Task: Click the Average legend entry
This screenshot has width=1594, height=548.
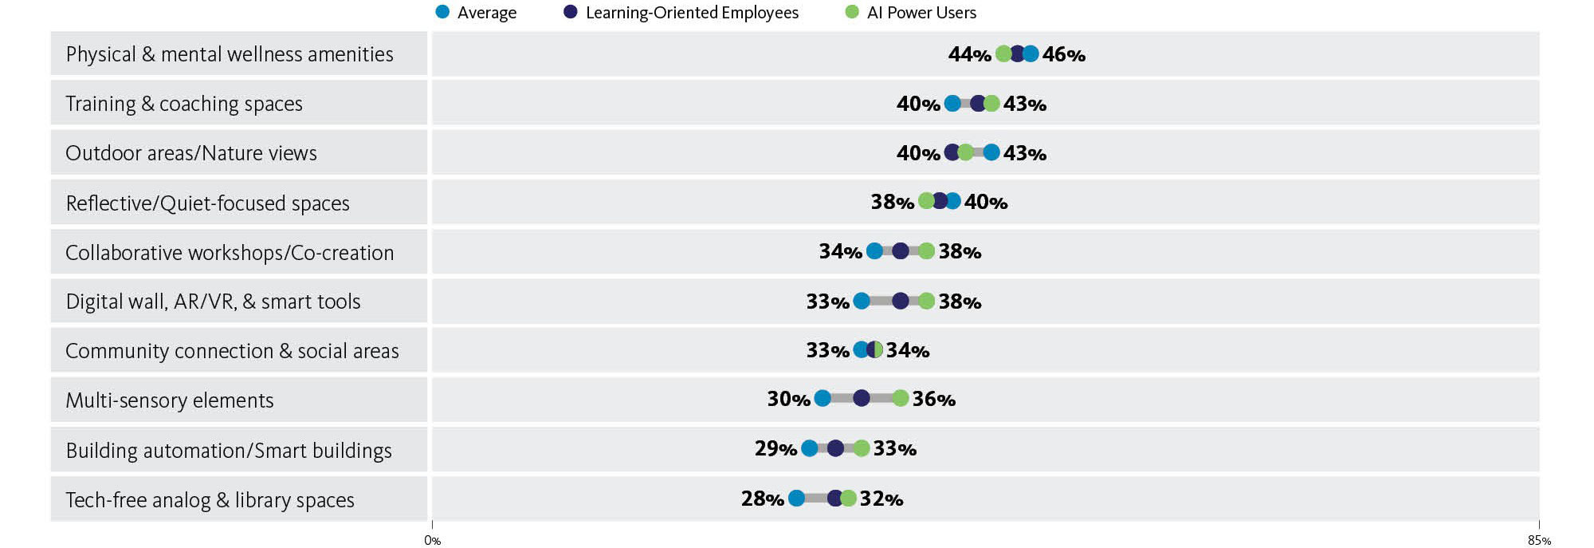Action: (x=477, y=13)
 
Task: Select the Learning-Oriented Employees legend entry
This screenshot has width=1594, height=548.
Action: (x=681, y=13)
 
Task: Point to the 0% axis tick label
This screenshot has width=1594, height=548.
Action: (x=432, y=541)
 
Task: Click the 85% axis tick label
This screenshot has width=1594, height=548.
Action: (x=1539, y=541)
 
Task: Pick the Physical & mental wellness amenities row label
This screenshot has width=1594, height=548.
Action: (x=230, y=54)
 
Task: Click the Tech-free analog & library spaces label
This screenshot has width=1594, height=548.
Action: (x=210, y=500)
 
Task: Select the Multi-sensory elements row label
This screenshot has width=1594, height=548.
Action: (x=170, y=400)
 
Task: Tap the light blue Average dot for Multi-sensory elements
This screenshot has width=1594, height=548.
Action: (x=823, y=398)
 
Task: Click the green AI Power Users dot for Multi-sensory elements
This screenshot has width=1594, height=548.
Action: (x=900, y=398)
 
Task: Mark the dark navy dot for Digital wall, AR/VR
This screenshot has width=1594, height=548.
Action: (x=900, y=301)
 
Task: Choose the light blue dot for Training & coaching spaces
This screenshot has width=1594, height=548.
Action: (x=952, y=103)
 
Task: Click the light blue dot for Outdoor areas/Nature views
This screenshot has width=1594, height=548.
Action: (x=991, y=152)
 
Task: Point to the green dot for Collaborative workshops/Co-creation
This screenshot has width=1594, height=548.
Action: (x=926, y=251)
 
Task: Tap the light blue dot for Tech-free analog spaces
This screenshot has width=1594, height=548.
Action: (x=796, y=499)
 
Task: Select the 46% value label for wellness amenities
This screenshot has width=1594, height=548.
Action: (x=1063, y=55)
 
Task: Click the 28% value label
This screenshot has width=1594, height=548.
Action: (x=762, y=499)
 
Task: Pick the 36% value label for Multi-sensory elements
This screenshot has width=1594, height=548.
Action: (x=933, y=399)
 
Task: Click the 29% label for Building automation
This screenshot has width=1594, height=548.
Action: (x=775, y=449)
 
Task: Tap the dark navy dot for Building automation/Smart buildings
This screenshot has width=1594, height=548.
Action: (x=835, y=448)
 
